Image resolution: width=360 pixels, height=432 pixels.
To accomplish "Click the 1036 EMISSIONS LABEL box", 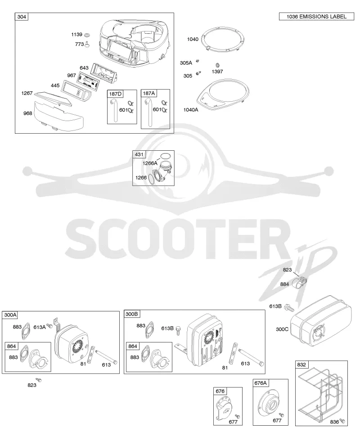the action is click(x=316, y=17).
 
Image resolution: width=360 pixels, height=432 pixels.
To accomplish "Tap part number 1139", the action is click(x=76, y=35).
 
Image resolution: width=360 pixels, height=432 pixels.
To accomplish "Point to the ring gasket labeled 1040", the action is click(x=223, y=40).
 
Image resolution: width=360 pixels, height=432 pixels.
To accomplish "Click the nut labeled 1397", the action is click(x=217, y=65).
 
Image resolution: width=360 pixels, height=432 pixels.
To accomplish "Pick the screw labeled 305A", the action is click(x=197, y=61).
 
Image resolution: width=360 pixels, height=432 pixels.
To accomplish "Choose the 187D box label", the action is click(x=115, y=94).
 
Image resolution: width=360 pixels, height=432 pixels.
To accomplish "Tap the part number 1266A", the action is click(x=150, y=163).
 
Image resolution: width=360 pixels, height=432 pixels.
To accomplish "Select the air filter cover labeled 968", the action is click(x=59, y=116).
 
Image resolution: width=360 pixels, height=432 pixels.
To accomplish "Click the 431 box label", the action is click(x=139, y=154).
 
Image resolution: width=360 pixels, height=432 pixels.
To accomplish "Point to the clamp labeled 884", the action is click(x=299, y=283).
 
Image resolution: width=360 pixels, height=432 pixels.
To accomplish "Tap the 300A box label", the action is click(x=10, y=315).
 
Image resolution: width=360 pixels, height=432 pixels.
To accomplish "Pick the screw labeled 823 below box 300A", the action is click(x=39, y=380).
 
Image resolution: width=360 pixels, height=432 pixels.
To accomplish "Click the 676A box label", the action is click(x=261, y=383).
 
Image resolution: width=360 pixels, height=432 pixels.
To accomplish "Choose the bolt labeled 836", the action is click(x=342, y=421).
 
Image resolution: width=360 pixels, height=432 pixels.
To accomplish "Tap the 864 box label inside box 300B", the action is click(x=132, y=346).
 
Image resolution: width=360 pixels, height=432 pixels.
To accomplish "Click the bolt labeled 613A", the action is click(x=49, y=326).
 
